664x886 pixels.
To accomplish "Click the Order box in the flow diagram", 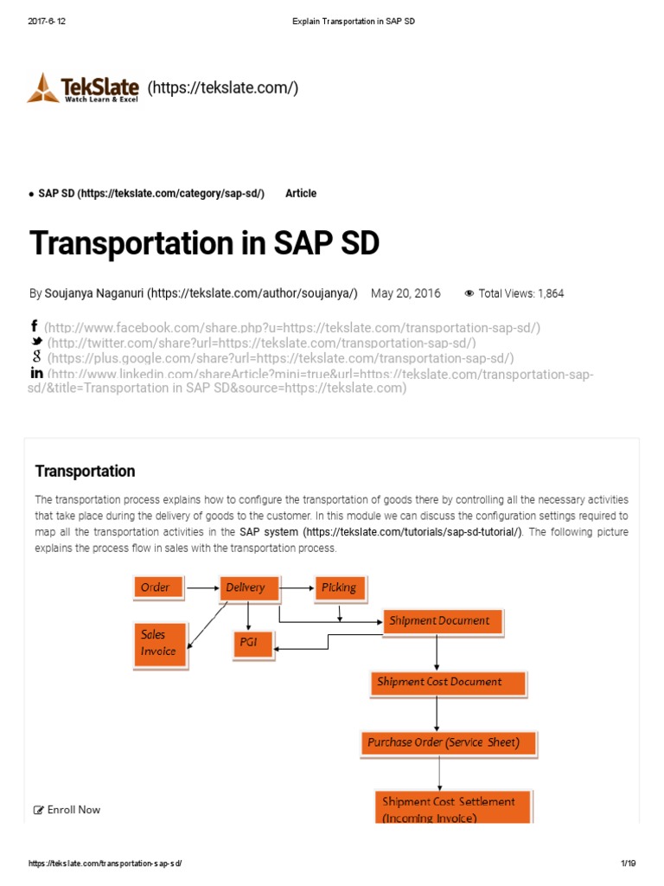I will (157, 588).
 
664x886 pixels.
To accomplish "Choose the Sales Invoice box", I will (159, 643).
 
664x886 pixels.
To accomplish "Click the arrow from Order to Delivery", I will (203, 588).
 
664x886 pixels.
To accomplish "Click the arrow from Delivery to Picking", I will (297, 588).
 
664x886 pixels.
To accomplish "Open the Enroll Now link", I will (67, 810).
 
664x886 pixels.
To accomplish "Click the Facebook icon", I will (35, 326).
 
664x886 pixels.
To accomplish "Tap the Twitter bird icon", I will (36, 342).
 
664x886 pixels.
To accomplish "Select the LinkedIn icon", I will (36, 373).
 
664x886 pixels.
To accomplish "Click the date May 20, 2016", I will (405, 293).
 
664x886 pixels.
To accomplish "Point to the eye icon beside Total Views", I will (469, 293).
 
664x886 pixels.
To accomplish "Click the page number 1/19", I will (628, 864).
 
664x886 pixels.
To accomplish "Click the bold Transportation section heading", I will (85, 472).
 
